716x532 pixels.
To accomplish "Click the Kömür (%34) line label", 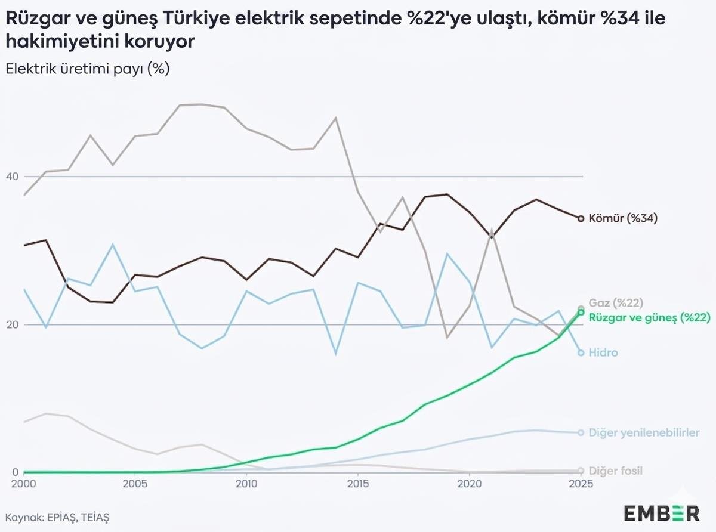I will coord(622,218).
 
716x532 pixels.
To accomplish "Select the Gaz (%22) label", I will coord(615,303).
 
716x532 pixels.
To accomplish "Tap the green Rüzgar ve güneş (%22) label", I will coord(649,317).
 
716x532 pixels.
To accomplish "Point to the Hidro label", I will coord(603,352).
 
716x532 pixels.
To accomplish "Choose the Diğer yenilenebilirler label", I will coord(644,432).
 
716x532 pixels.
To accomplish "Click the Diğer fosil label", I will coord(615,471).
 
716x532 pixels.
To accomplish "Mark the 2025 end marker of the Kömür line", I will coord(581,218).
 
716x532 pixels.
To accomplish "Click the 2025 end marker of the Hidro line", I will coord(581,352).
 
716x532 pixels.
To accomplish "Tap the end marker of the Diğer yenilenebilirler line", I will coord(581,432).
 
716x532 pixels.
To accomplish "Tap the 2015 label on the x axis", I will coord(357,484).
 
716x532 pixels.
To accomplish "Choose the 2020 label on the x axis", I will coord(469,484).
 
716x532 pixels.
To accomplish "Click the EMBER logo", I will coord(662,512).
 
